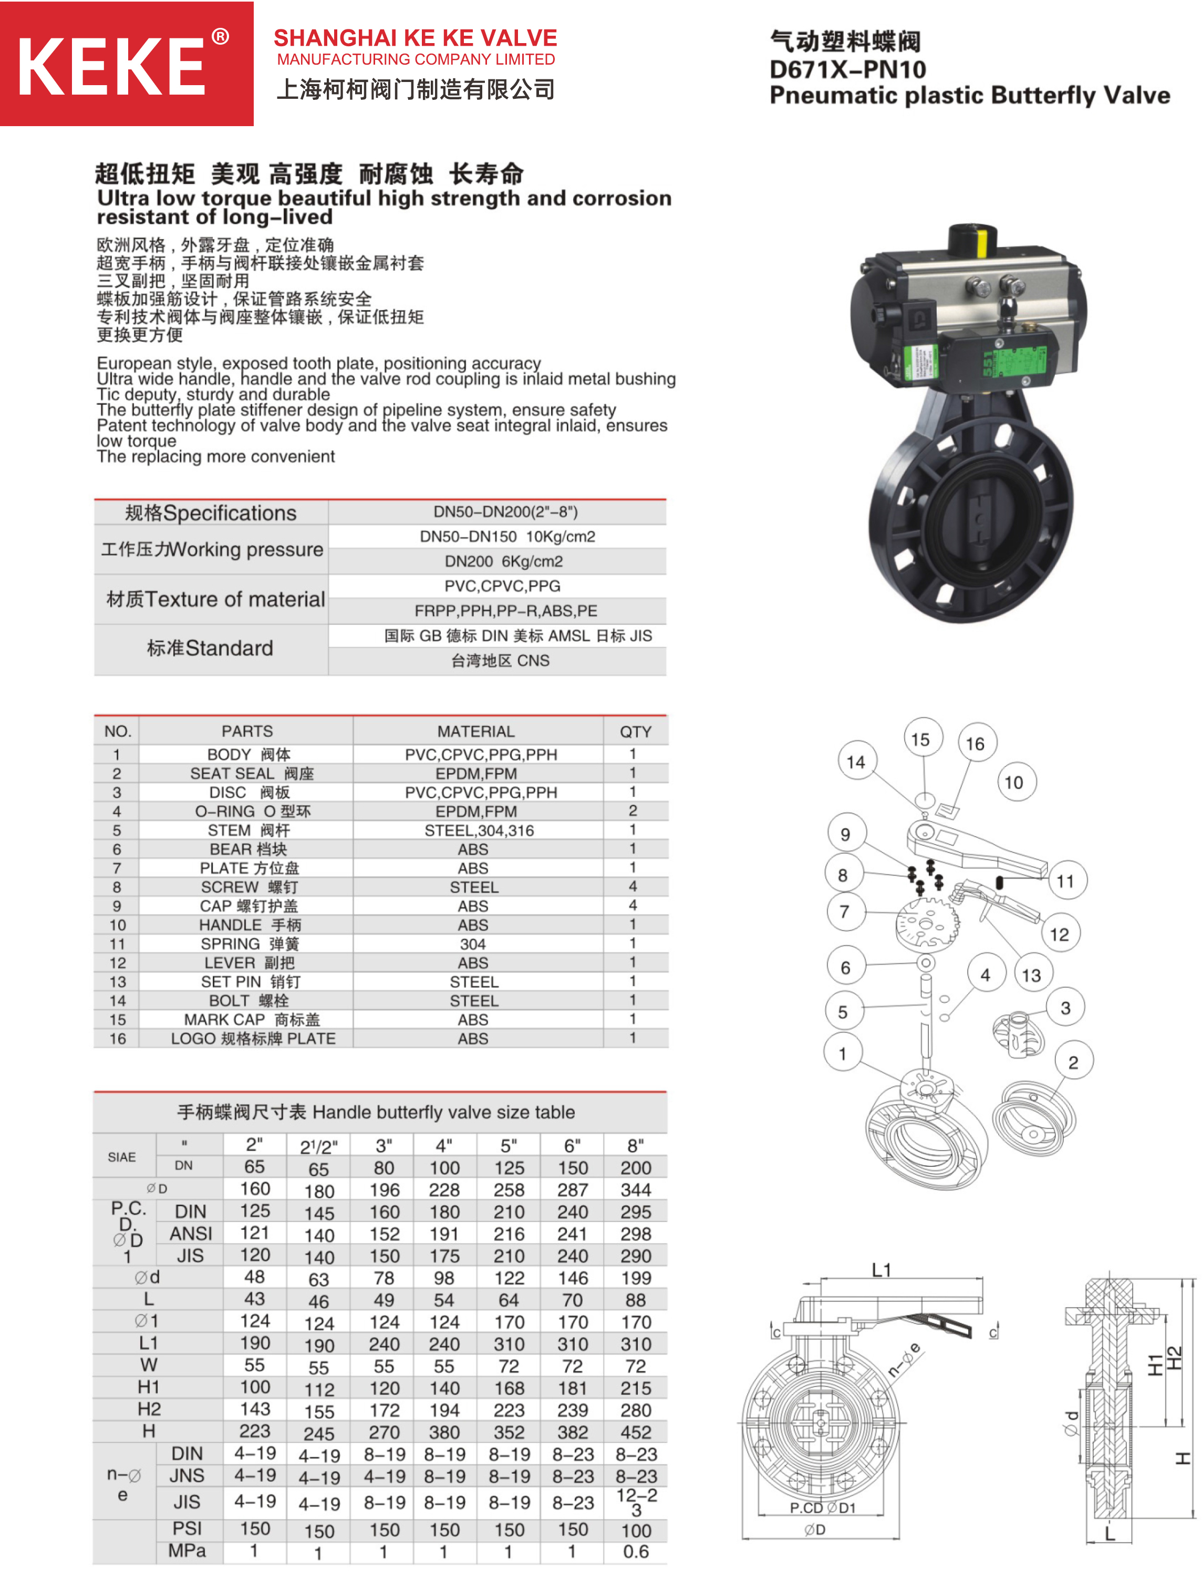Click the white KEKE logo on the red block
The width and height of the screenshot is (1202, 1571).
point(111,67)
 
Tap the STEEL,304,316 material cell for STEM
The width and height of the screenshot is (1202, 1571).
point(479,830)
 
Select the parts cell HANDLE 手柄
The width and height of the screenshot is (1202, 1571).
point(250,925)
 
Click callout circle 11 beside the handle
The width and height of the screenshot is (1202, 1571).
point(1065,881)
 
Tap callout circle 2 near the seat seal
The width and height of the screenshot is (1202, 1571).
point(1072,1062)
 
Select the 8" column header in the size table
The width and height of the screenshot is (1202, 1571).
point(635,1146)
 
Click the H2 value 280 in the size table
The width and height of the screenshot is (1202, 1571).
point(635,1410)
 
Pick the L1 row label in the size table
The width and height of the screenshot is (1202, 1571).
point(149,1343)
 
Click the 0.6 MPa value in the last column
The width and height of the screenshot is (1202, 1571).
point(635,1551)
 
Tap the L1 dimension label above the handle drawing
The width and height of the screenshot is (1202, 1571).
point(882,1270)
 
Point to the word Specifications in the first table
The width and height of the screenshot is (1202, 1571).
point(229,513)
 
